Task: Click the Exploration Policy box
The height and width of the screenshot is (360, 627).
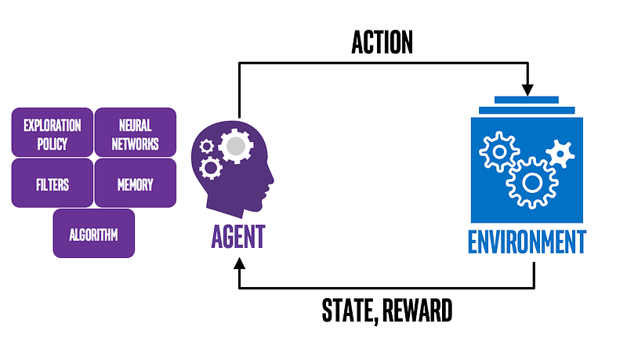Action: coord(53,133)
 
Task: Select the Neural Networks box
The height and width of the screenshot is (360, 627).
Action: coord(135,133)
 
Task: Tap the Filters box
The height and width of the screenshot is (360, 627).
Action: coord(53,184)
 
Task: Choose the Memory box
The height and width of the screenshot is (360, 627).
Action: coord(135,184)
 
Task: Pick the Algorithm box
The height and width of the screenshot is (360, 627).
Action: coord(93,234)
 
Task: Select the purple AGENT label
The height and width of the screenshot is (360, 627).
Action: coord(238,235)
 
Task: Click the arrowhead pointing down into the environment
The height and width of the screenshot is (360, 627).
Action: coord(527,86)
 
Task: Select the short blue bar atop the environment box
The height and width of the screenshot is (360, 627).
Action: coord(527,100)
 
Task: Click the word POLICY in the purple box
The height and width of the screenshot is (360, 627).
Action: coord(53,144)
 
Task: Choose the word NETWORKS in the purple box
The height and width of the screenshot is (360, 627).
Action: coord(135,144)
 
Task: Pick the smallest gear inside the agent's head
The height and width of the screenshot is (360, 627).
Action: coord(207,145)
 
